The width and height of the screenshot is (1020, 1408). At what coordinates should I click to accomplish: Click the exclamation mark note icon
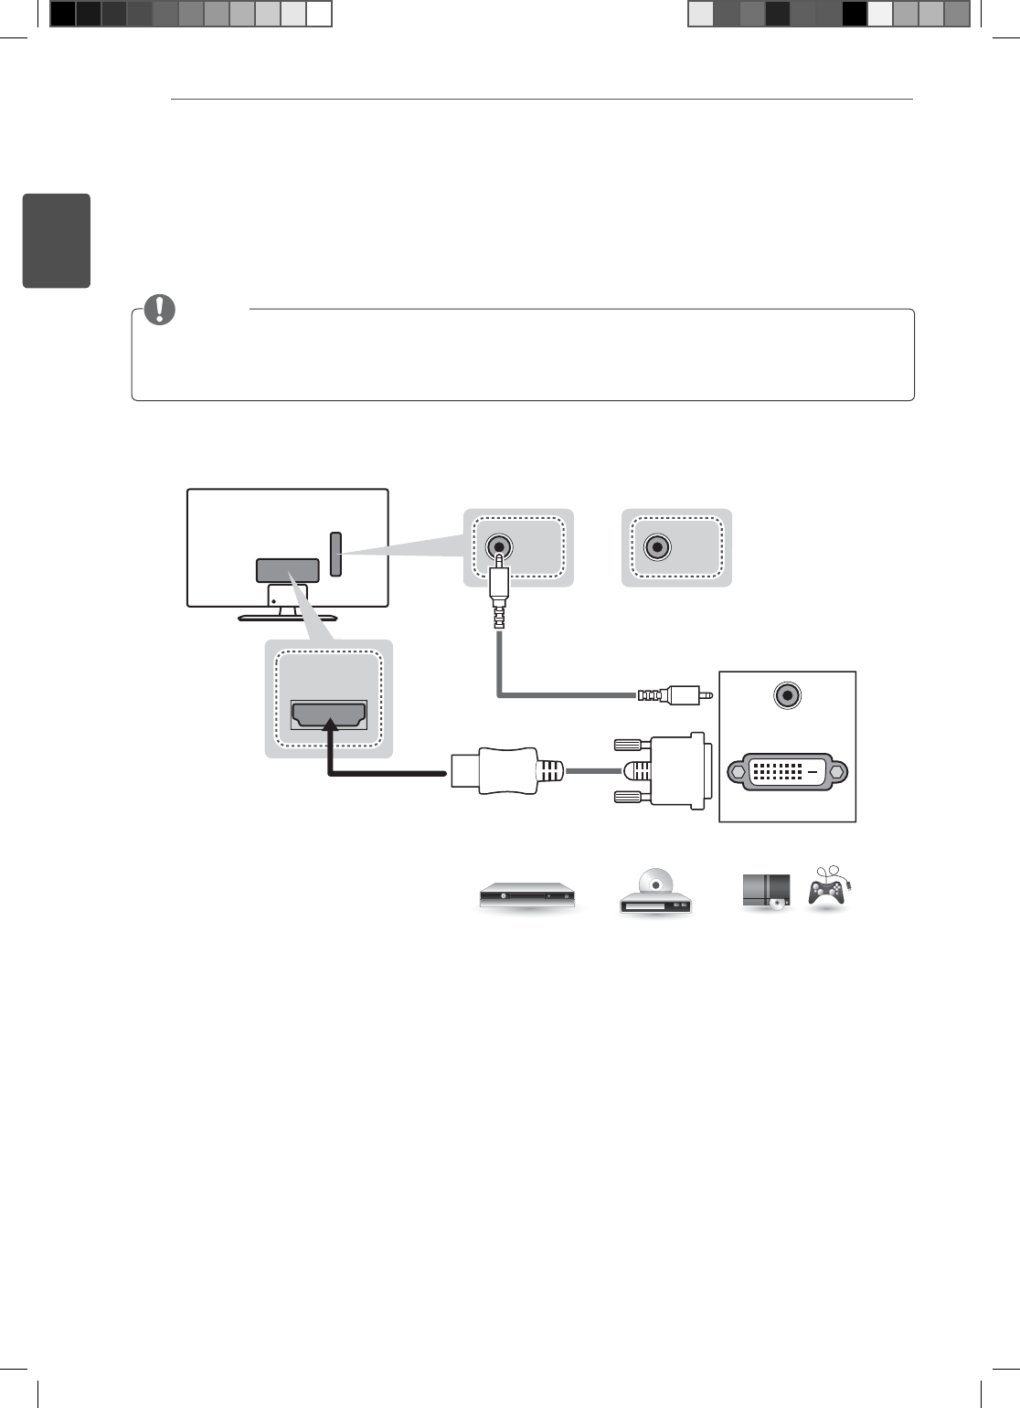(159, 310)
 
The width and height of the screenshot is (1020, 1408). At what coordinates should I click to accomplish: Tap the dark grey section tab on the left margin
(56, 240)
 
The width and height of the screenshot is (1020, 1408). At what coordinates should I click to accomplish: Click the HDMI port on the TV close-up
(329, 715)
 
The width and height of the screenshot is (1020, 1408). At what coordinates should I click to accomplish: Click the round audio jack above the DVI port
(787, 695)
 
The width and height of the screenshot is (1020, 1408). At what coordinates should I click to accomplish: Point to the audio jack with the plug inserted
(498, 546)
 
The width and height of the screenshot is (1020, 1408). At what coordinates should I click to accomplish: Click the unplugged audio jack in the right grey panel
(656, 546)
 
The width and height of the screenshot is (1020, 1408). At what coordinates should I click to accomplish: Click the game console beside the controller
(766, 891)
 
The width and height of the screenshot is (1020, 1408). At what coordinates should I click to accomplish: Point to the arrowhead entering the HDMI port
(330, 725)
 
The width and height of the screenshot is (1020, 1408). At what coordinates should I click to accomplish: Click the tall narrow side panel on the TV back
(335, 555)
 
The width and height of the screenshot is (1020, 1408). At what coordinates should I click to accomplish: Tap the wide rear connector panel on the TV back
(287, 570)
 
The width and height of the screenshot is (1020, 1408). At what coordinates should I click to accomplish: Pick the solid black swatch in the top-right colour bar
(855, 14)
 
